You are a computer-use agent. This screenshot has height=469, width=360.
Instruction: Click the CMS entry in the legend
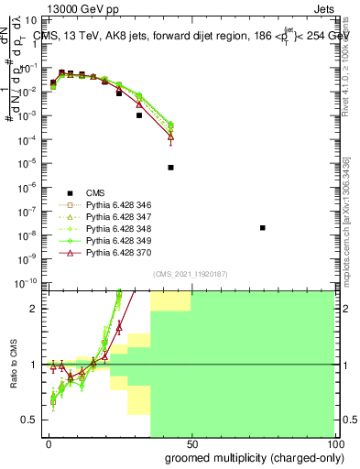click(x=96, y=192)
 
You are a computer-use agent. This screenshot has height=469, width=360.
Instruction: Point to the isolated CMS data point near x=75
click(x=263, y=227)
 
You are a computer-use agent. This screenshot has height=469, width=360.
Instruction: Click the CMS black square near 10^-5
click(x=171, y=168)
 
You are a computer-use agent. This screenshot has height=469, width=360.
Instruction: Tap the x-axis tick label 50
click(x=191, y=442)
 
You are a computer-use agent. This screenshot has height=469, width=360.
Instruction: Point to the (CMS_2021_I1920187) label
click(x=190, y=273)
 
